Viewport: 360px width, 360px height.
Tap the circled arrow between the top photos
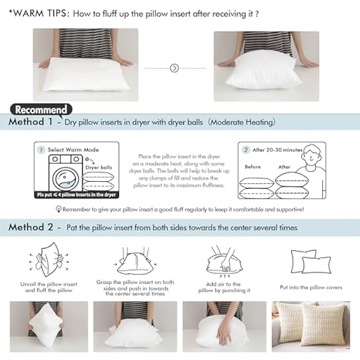click(x=174, y=68)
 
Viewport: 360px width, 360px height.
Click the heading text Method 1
click(x=31, y=122)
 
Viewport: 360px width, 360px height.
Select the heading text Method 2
click(x=31, y=228)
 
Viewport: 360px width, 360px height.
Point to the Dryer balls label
click(x=99, y=167)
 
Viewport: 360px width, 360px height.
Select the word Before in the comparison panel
click(x=253, y=167)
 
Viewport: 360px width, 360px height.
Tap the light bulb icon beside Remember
click(x=58, y=209)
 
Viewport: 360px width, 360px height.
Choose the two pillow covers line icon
click(x=310, y=260)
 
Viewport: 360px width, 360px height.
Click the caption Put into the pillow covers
click(x=311, y=287)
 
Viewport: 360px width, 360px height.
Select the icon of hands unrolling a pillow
click(x=44, y=261)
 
